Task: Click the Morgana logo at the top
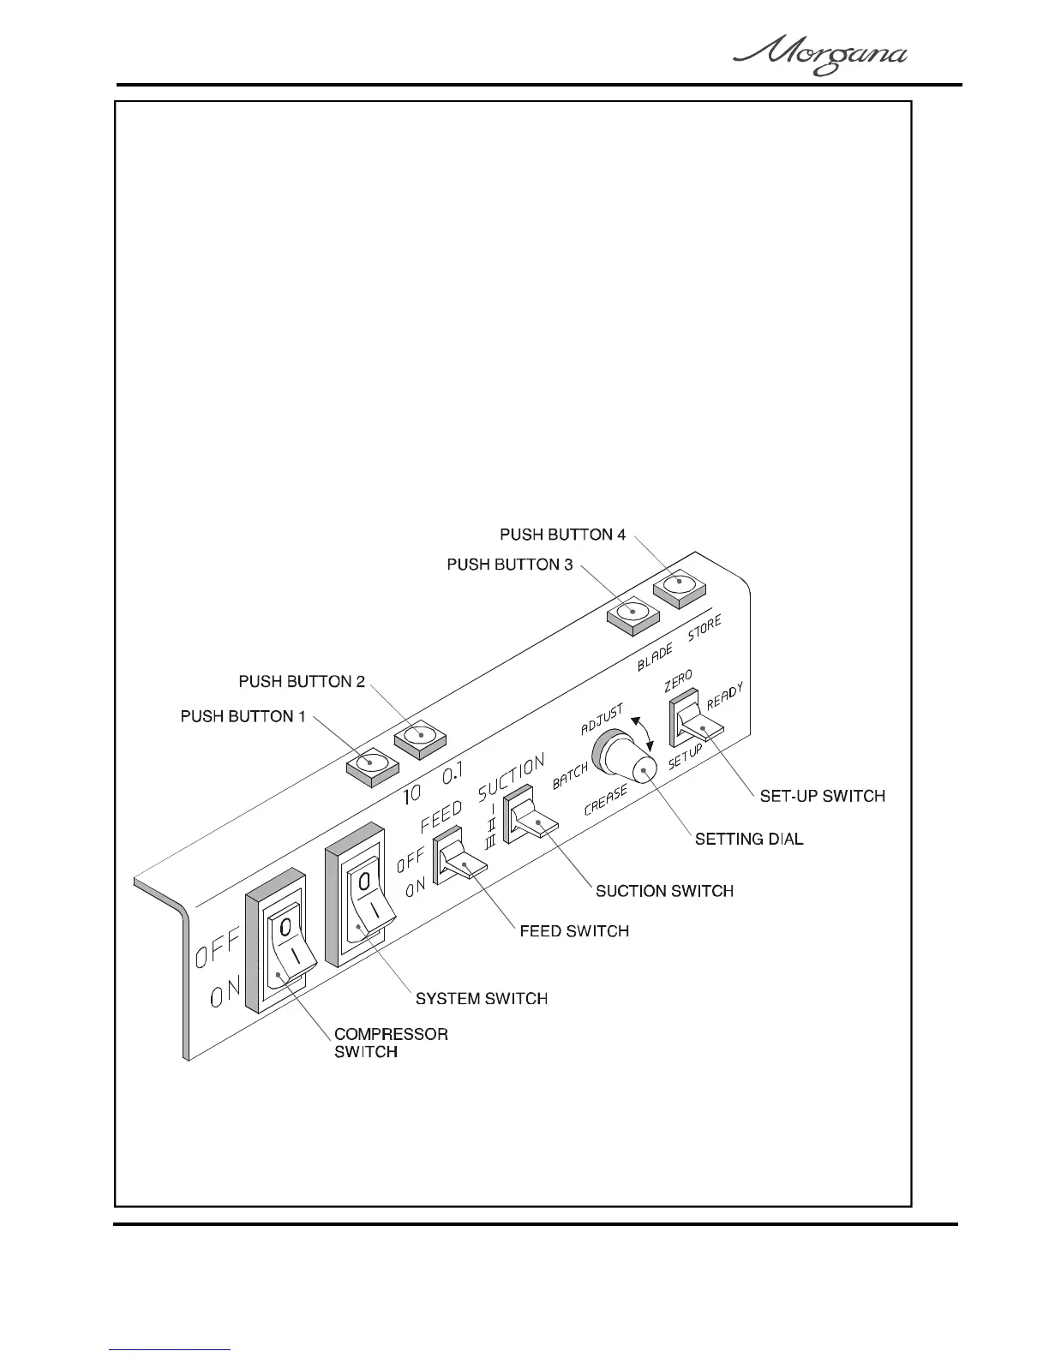[x=820, y=57]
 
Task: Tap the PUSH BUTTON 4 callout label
[x=562, y=535]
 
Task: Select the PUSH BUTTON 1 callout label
[x=243, y=716]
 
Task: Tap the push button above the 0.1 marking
[x=419, y=737]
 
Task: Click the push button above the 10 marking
[x=371, y=762]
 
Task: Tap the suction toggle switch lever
[x=537, y=825]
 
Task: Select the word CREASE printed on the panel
[x=606, y=800]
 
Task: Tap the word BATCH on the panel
[x=569, y=776]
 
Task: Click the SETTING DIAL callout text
[x=749, y=840]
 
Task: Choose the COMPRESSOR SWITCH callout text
[x=390, y=1043]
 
